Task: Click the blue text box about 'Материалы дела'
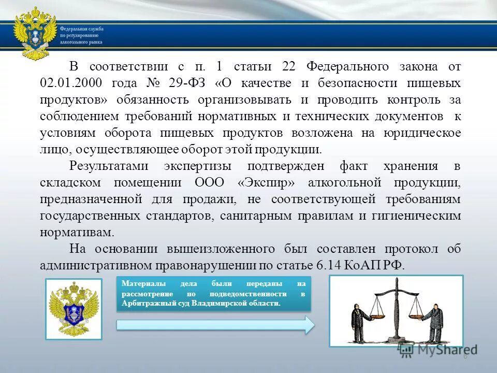(214, 294)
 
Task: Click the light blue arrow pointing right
(215, 325)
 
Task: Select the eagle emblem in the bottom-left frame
(73, 309)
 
